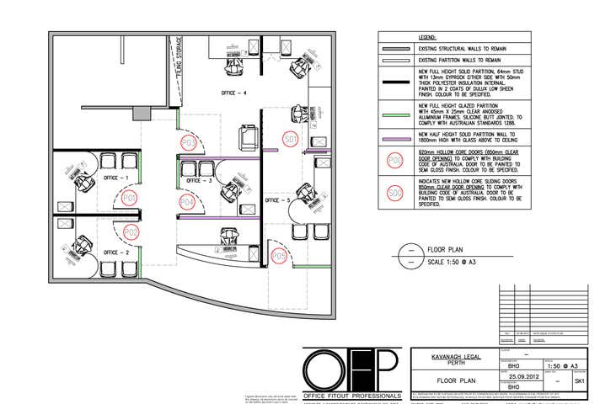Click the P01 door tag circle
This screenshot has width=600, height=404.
point(129,198)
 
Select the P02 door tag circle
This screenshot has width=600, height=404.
point(131,231)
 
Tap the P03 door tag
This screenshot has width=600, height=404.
point(189,143)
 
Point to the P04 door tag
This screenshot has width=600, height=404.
point(187,202)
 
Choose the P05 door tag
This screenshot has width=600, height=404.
point(278,255)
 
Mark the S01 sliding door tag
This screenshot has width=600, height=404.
point(291,138)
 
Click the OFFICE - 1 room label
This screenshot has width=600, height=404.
point(115,178)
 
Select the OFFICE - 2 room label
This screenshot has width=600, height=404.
point(115,252)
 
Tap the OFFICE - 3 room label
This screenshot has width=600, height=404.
point(199,180)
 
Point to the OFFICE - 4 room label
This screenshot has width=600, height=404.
point(233,92)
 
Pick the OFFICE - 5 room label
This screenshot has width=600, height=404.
point(277,200)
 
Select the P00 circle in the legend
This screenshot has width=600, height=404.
point(394,161)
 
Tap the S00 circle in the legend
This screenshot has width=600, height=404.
point(394,194)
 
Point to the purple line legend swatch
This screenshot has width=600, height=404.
point(394,137)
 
